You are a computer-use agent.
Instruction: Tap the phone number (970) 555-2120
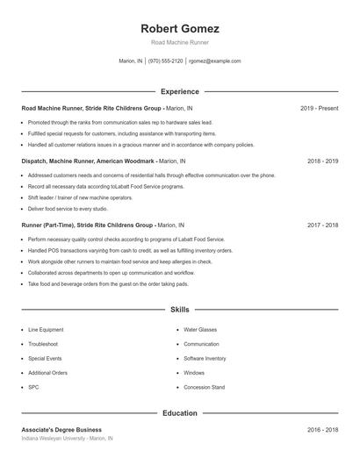point(166,61)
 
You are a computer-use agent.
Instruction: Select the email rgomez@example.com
point(215,61)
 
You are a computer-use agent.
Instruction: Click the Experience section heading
point(179,91)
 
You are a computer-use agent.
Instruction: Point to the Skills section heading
point(179,310)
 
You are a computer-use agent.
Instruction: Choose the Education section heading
point(179,411)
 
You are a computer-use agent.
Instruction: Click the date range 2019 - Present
point(319,108)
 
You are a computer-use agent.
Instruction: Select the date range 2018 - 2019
point(322,161)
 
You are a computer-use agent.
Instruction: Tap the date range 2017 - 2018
point(322,225)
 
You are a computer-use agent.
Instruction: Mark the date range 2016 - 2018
point(322,430)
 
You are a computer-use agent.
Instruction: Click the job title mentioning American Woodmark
point(104,161)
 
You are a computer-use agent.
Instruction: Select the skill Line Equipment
point(46,330)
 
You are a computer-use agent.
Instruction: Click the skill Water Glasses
point(200,330)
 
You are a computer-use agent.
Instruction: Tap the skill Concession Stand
point(204,387)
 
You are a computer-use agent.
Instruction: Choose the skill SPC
point(33,387)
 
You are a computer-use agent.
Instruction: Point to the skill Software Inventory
point(205,358)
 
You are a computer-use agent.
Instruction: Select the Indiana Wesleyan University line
point(68,438)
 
